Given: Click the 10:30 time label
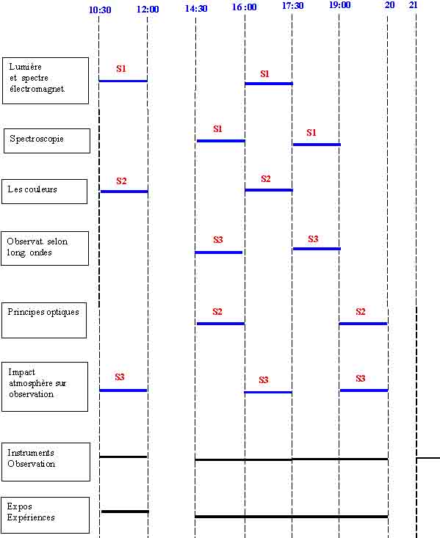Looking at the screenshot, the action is pos(100,10).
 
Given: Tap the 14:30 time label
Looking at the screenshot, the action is pos(196,8).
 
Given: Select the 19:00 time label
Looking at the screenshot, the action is pos(339,5).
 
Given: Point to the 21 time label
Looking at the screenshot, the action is pos(414,5).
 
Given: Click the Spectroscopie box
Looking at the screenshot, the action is pos(47,141).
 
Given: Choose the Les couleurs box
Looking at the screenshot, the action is pos(44,192).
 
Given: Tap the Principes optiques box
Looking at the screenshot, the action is pos(44,321).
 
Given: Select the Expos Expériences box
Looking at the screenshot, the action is pos(46,515).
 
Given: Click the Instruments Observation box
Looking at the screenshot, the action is pos(46,462).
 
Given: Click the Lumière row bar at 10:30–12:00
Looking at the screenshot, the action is pos(123,81).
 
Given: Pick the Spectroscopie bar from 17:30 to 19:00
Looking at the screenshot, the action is pos(317,145).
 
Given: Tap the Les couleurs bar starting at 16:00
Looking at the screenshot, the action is pos(269,190).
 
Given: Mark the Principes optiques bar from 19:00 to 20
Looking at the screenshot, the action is pos(363,324).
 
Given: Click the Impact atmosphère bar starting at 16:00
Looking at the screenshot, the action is pos(268,392).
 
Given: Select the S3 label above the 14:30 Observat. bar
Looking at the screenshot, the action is pos(217,239).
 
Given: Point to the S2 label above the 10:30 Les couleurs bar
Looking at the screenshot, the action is pos(121,181).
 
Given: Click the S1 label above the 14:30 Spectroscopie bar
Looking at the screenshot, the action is pos(217,128).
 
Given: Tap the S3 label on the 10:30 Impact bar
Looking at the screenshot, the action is pos(120,377).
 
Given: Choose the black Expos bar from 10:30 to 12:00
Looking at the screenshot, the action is pos(125,512).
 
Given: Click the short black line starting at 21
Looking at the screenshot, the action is pos(428,458).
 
